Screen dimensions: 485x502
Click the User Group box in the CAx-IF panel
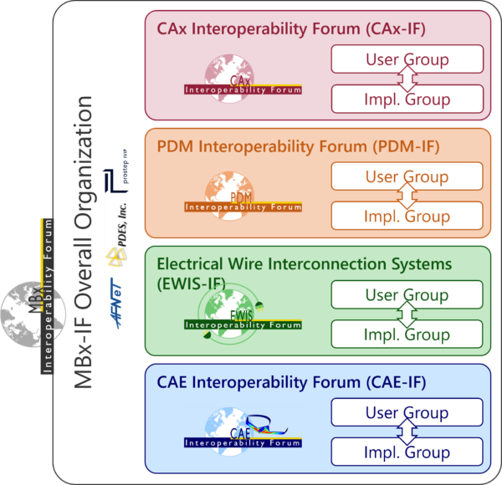pos(407,59)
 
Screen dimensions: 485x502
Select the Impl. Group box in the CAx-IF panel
pos(407,99)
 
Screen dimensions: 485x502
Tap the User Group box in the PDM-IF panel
pos(407,176)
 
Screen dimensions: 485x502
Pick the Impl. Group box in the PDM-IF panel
pos(407,216)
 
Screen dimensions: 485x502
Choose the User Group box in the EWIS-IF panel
pos(407,295)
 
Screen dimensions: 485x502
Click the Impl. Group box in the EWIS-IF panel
pos(407,334)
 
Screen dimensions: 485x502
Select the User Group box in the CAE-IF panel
pos(407,412)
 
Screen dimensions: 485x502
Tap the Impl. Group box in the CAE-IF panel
pos(407,452)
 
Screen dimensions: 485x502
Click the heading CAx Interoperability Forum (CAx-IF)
pos(291,28)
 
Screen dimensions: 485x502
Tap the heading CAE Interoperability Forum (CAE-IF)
pos(291,383)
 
